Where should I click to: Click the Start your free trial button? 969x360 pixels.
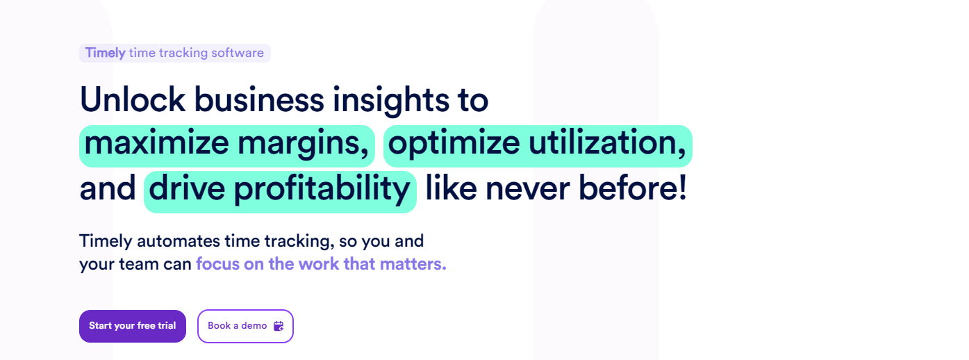pyautogui.click(x=133, y=326)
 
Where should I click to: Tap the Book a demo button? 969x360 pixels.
pyautogui.click(x=245, y=326)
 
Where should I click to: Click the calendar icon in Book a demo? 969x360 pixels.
pyautogui.click(x=279, y=326)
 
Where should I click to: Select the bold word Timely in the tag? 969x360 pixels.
pyautogui.click(x=105, y=53)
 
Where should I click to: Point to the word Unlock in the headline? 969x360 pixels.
pyautogui.click(x=133, y=99)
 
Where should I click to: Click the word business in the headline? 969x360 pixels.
pyautogui.click(x=258, y=99)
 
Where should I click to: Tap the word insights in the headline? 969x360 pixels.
pyautogui.click(x=391, y=100)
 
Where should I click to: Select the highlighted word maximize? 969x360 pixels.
pyautogui.click(x=156, y=142)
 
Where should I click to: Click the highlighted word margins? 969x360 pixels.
pyautogui.click(x=304, y=145)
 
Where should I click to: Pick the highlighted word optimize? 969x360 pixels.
pyautogui.click(x=454, y=145)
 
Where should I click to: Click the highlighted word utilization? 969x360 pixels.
pyautogui.click(x=607, y=142)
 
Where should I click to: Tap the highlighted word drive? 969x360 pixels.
pyautogui.click(x=187, y=188)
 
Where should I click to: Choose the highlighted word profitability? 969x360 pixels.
pyautogui.click(x=322, y=190)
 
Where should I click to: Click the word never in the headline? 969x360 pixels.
pyautogui.click(x=527, y=190)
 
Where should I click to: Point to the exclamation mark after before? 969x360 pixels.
pyautogui.click(x=683, y=188)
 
